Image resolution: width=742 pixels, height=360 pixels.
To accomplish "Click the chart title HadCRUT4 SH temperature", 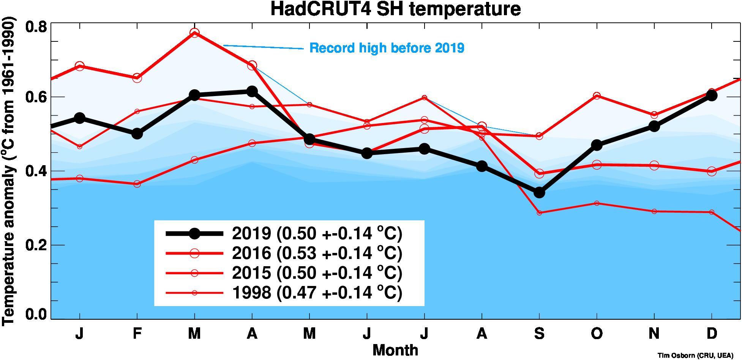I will tap(395, 9).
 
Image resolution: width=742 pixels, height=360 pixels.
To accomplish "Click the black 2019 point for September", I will tap(539, 193).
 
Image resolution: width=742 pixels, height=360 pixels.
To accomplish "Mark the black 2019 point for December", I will tap(712, 95).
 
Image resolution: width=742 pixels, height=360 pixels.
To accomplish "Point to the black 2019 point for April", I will tap(252, 91).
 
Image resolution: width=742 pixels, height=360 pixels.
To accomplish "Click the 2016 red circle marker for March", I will tap(194, 33).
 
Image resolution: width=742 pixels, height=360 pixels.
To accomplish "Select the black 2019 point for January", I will tap(79, 118).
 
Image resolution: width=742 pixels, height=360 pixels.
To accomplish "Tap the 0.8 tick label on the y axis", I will tap(36, 27).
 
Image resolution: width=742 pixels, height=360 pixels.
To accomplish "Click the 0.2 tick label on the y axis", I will tap(36, 245).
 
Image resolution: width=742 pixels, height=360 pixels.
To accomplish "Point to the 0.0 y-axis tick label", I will tap(36, 314).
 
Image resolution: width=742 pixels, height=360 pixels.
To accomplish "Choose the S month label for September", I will tap(539, 333).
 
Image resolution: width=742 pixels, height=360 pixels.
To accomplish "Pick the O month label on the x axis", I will tap(597, 333).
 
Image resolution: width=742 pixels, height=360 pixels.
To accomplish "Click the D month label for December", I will tap(712, 333).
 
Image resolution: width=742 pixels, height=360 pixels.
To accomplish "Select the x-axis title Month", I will tap(395, 350).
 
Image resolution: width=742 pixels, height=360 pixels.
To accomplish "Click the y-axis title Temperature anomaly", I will tap(8, 171).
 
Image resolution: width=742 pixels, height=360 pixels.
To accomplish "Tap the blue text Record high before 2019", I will tap(387, 48).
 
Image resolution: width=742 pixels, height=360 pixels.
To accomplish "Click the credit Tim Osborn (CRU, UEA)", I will tap(695, 355).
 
